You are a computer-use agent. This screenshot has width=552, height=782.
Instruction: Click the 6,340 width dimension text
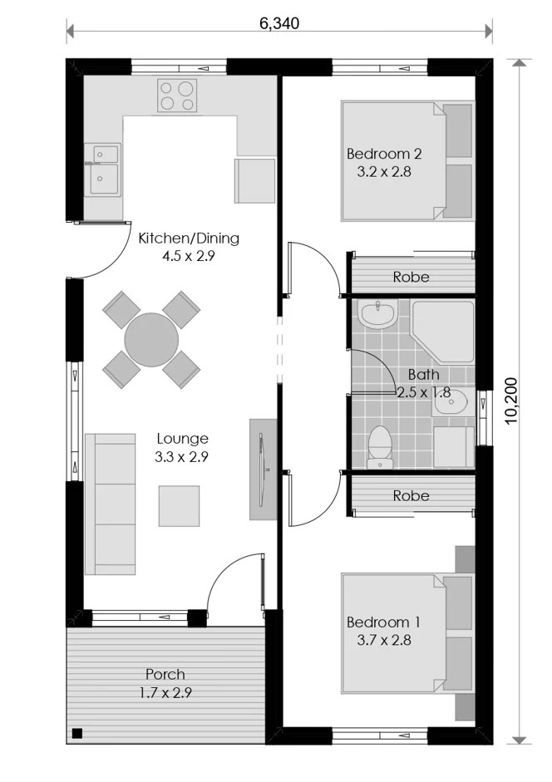(279, 23)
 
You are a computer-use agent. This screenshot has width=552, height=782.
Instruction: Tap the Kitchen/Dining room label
(189, 238)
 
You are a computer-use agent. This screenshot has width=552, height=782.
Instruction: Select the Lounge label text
(182, 439)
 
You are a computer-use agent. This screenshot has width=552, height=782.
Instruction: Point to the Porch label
(165, 674)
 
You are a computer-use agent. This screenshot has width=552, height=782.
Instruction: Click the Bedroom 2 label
(384, 154)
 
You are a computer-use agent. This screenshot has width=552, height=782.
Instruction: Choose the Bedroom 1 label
(383, 622)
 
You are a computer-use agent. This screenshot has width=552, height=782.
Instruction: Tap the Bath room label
(424, 374)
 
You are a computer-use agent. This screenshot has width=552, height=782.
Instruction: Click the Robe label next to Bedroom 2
(411, 277)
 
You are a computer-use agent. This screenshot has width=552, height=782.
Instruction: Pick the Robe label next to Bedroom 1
(411, 495)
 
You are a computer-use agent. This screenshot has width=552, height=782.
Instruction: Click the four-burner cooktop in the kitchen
(177, 96)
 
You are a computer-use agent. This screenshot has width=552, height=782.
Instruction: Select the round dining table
(151, 340)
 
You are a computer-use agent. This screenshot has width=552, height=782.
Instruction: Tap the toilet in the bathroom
(380, 447)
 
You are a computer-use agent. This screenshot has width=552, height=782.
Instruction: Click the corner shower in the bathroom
(441, 331)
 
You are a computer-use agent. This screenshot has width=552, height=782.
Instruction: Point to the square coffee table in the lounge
(180, 506)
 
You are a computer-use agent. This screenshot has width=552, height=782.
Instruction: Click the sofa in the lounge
(110, 504)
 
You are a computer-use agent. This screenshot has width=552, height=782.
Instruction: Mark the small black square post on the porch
(76, 733)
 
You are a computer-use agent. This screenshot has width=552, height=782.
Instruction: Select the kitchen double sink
(102, 170)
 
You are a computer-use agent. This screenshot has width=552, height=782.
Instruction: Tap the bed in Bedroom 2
(407, 161)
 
